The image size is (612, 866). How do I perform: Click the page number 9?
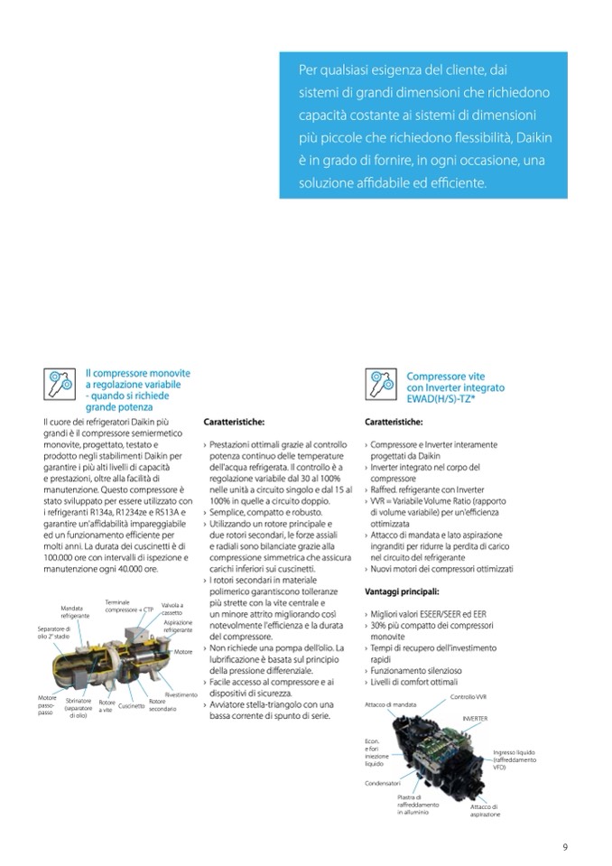pyautogui.click(x=564, y=846)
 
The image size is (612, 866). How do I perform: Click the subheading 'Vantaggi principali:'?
pyautogui.click(x=402, y=591)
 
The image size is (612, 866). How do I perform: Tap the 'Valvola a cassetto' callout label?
pyautogui.click(x=172, y=608)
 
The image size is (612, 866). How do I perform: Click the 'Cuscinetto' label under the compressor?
pyautogui.click(x=132, y=705)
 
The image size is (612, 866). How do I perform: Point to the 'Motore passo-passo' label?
pyautogui.click(x=46, y=705)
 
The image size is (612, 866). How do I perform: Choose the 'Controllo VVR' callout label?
pyautogui.click(x=468, y=697)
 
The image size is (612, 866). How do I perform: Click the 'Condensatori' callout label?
pyautogui.click(x=383, y=783)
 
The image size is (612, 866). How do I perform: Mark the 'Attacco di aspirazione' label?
pyautogui.click(x=485, y=810)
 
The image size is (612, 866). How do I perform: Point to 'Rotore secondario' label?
pyautogui.click(x=162, y=705)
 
